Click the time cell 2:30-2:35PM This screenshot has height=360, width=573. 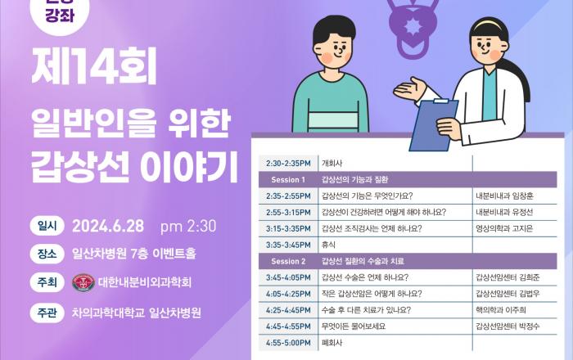pos(288,163)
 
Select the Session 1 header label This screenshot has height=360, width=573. pos(288,180)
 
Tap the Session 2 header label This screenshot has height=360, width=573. pos(288,262)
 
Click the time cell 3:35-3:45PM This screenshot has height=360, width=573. pos(288,245)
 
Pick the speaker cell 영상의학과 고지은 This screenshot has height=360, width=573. pos(504,228)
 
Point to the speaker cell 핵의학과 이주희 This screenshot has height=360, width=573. pos(501,310)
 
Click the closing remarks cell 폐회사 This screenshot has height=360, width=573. pos(332,343)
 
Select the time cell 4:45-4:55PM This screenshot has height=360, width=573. pos(288,326)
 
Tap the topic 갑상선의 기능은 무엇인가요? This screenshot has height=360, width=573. pos(367,196)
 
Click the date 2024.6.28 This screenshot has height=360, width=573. pos(108,227)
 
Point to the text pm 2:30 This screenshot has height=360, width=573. pos(188,227)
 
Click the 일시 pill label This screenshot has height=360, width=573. pos(47,226)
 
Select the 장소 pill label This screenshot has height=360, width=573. pos(47,254)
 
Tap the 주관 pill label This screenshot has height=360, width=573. pos(47,313)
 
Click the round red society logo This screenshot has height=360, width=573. pos(83,282)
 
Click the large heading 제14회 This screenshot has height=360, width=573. pos(94,66)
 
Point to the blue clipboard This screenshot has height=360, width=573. pos(433,124)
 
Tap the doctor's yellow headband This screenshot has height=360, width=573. pos(490,25)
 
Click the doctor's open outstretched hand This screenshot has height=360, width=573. pos(408,88)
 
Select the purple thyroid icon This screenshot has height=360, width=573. pos(413,26)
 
